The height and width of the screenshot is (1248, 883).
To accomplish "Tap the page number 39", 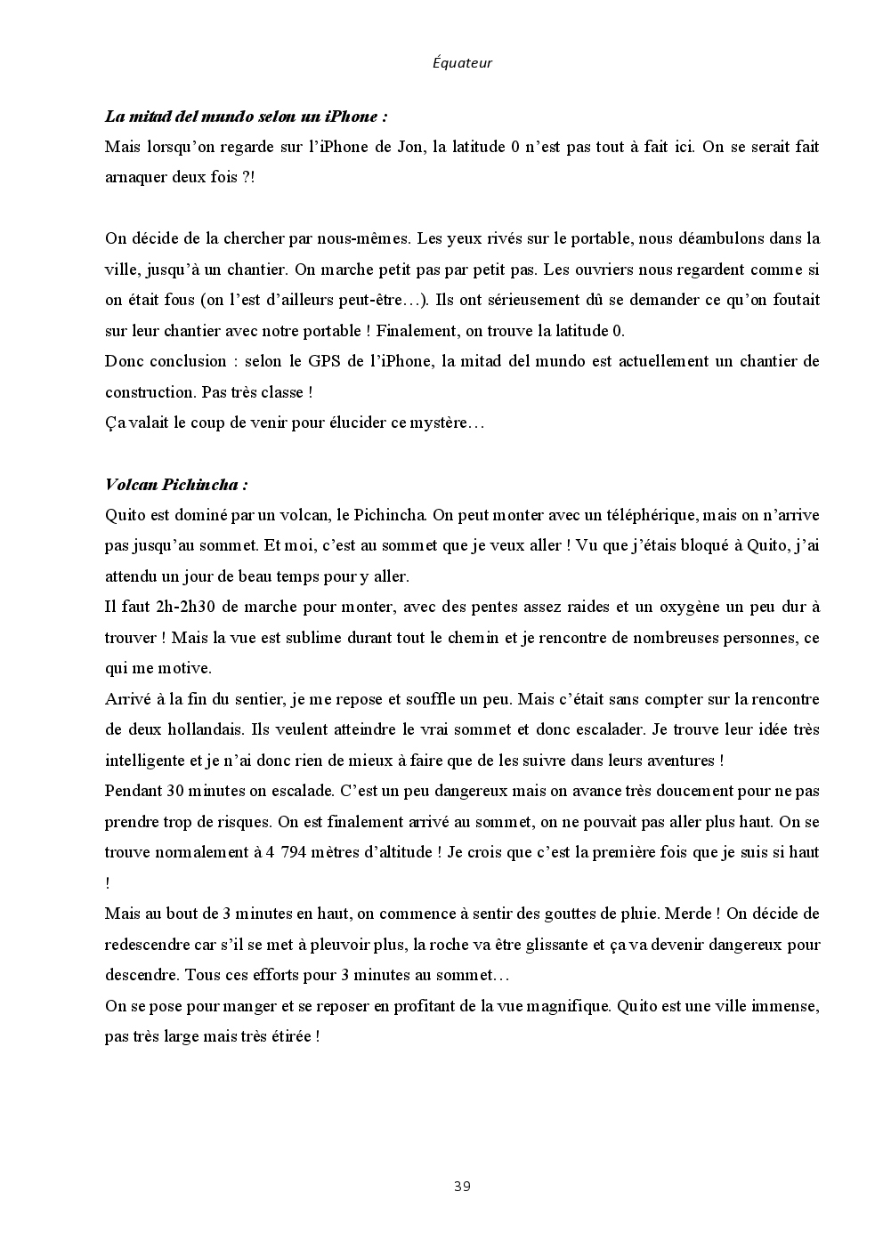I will [x=462, y=1186].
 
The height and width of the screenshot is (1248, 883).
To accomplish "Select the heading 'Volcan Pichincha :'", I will [x=176, y=485].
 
